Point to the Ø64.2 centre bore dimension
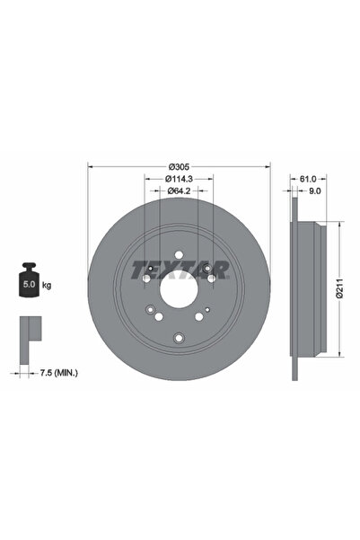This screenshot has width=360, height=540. tap(178, 190)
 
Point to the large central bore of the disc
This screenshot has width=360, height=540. tap(178, 289)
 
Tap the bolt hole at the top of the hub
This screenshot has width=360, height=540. tap(178, 253)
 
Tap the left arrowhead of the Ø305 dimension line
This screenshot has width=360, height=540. tap(90, 167)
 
